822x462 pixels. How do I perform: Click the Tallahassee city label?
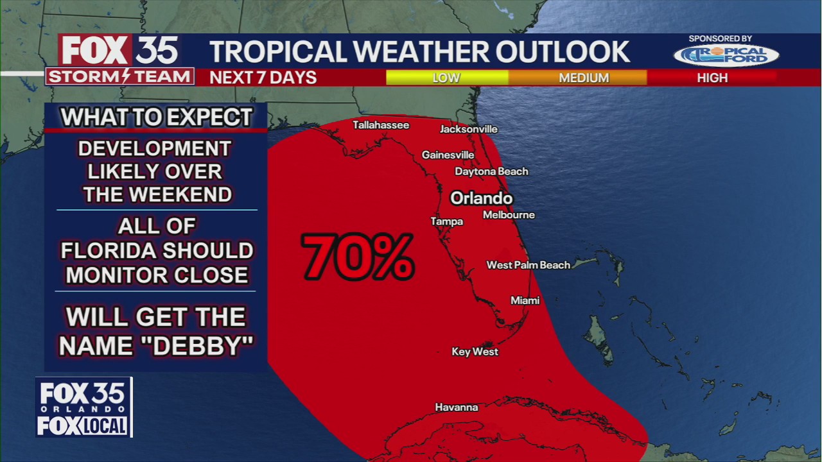pyautogui.click(x=381, y=125)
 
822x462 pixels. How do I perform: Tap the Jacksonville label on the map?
pyautogui.click(x=468, y=129)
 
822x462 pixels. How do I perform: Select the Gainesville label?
pyautogui.click(x=448, y=155)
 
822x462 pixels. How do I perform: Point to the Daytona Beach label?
pyautogui.click(x=491, y=171)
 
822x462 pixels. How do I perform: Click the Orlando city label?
pyautogui.click(x=481, y=198)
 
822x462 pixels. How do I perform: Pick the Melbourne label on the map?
pyautogui.click(x=509, y=215)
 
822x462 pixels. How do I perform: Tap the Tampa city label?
pyautogui.click(x=446, y=221)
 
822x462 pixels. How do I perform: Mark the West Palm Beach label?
pyautogui.click(x=528, y=265)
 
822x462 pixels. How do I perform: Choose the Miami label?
pyautogui.click(x=525, y=300)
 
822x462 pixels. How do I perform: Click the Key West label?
pyautogui.click(x=475, y=352)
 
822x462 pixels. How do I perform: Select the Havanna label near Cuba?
pyautogui.click(x=456, y=407)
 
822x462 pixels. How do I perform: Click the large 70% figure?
pyautogui.click(x=357, y=257)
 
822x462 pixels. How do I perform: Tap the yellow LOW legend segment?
pyautogui.click(x=446, y=78)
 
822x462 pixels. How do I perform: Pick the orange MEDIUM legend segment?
pyautogui.click(x=583, y=78)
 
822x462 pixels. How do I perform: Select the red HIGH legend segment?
pyautogui.click(x=712, y=78)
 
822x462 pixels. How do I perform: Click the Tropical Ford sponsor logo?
pyautogui.click(x=726, y=55)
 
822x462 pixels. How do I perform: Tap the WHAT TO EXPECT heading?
pyautogui.click(x=156, y=117)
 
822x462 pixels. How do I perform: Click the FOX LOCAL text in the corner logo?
pyautogui.click(x=83, y=425)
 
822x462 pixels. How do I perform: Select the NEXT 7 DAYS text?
pyautogui.click(x=263, y=78)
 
